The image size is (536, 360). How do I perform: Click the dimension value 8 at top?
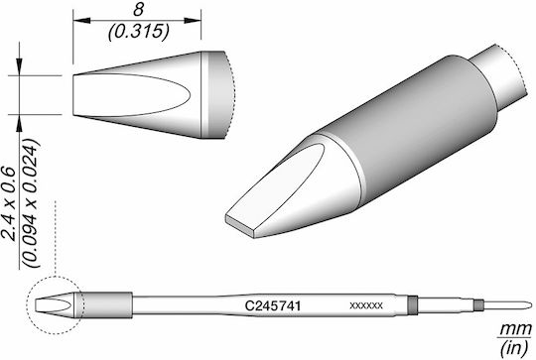[138, 10]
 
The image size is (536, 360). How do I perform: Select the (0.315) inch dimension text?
[138, 32]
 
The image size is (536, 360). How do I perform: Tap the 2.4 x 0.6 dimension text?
[10, 203]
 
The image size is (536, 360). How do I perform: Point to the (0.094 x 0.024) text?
[31, 203]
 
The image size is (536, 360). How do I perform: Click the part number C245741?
[273, 305]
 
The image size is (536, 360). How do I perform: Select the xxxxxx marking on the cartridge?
[366, 305]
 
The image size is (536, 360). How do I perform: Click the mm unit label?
[516, 329]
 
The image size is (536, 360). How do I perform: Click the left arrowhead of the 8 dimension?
[81, 21]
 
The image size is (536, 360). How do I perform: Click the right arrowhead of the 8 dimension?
[193, 21]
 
